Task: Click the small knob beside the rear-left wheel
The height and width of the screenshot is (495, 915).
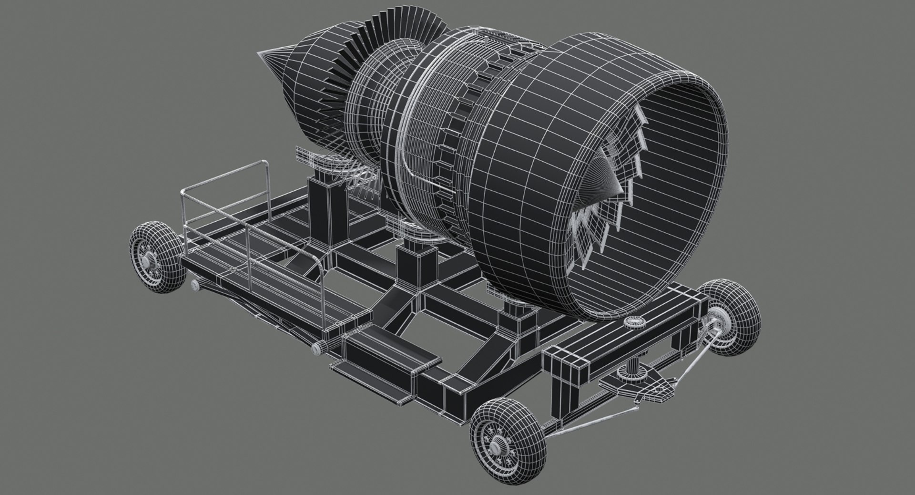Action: coord(194,285)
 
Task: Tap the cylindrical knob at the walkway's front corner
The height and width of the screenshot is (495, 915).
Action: coord(318,348)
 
